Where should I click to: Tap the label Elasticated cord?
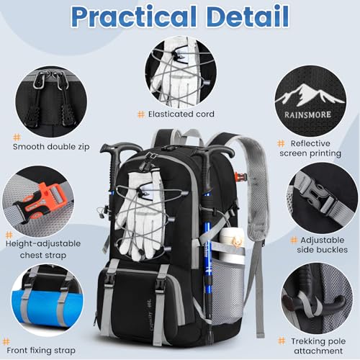point(184,114)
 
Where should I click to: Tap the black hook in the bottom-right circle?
point(310,295)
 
